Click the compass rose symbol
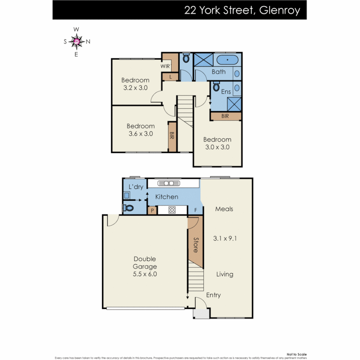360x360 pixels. tap(77, 41)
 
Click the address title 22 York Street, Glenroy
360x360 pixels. tap(242, 10)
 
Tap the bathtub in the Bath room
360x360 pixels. tap(228, 60)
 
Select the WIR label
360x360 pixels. tap(165, 66)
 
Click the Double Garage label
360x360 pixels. tap(145, 263)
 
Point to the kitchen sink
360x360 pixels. tap(169, 183)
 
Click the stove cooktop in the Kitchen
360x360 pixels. tap(172, 210)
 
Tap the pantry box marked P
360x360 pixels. tap(152, 210)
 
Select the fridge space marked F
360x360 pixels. tap(195, 210)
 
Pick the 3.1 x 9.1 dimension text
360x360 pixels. tap(225, 239)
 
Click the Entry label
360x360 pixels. tap(213, 295)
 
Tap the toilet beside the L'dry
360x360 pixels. tap(128, 208)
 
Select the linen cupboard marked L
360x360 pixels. tap(170, 77)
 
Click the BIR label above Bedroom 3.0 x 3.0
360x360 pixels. tap(225, 116)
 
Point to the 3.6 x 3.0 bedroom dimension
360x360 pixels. tap(140, 134)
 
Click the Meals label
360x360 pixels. tap(224, 209)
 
